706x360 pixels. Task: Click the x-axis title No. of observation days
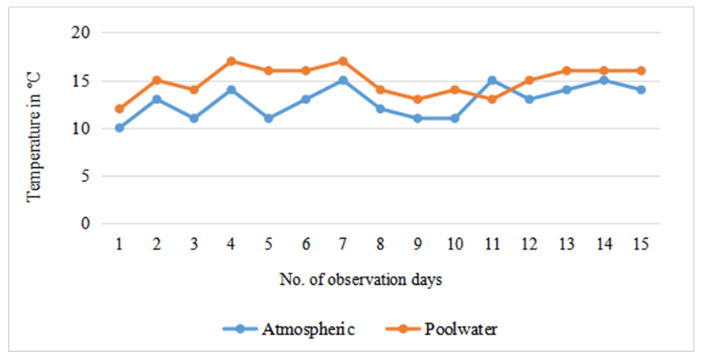[361, 280]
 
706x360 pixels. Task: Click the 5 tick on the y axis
[86, 176]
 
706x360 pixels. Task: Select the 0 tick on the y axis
[86, 224]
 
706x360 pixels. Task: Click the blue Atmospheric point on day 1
[119, 128]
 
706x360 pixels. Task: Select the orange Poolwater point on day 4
[232, 61]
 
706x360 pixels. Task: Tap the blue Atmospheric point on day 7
[343, 81]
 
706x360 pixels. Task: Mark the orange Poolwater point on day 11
[492, 99]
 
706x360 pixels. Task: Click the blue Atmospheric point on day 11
[492, 81]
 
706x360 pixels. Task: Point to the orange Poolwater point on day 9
[418, 99]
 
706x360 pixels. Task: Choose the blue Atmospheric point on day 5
[269, 119]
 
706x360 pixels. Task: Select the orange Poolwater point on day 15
[641, 71]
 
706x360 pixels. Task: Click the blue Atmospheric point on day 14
[604, 81]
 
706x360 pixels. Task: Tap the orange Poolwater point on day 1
[119, 109]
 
